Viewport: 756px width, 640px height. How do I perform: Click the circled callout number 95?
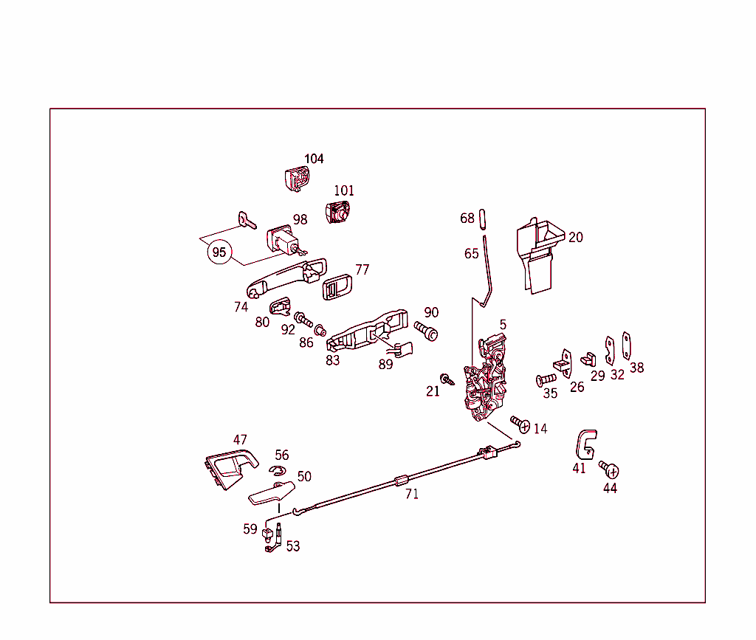click(x=219, y=252)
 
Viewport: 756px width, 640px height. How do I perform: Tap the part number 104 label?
click(x=314, y=159)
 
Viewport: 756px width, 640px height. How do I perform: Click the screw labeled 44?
click(x=610, y=469)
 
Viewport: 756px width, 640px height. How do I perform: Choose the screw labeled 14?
click(x=520, y=424)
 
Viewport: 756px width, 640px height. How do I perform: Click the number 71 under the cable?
click(x=411, y=495)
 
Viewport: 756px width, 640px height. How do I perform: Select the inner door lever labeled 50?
click(x=272, y=493)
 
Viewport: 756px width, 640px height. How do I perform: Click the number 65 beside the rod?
click(x=471, y=254)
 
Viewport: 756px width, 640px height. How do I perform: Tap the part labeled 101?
click(x=338, y=212)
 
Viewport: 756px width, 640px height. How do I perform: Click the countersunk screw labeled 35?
click(x=546, y=379)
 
